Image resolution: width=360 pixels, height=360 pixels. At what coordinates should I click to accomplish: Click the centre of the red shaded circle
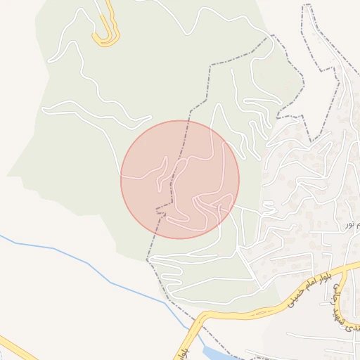pos(180,179)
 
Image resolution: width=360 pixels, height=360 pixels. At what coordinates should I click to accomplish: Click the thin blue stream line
pos(84,264)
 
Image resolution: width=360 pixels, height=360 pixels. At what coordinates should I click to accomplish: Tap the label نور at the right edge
pos(349,224)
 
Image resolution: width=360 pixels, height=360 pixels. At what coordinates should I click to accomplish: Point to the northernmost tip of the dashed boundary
pos(307,6)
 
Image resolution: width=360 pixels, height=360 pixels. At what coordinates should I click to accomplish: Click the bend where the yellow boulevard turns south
pos(201,320)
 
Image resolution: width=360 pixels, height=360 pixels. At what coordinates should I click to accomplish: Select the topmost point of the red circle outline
pos(180,120)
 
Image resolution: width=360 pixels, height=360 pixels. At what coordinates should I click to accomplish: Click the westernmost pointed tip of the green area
pos(8,174)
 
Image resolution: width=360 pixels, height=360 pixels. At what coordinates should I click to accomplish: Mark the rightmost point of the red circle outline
pos(239,179)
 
